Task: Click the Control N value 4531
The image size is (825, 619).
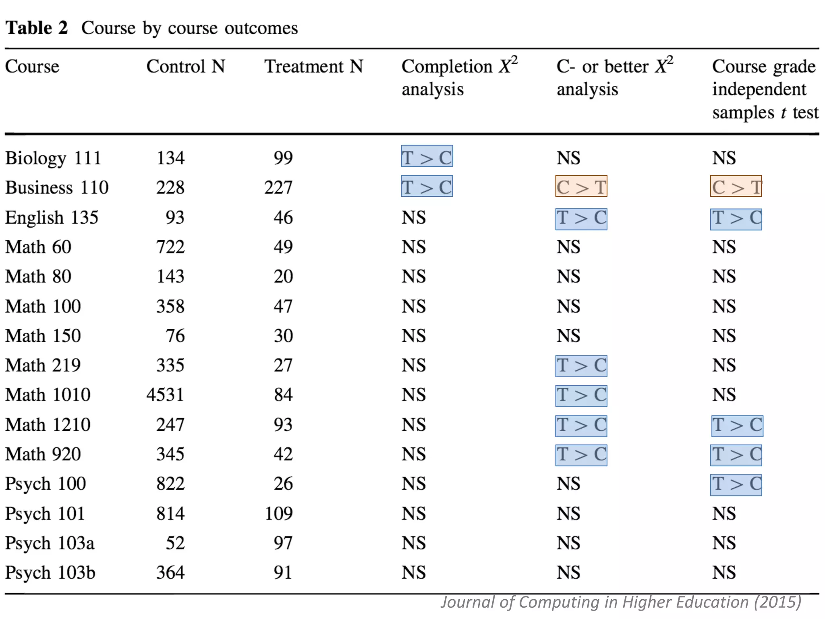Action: click(165, 395)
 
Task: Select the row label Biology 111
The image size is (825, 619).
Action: click(53, 158)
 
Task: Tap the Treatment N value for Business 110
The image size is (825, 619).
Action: click(278, 187)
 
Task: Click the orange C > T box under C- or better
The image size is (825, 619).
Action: click(581, 187)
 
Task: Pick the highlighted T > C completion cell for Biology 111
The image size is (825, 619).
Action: click(427, 156)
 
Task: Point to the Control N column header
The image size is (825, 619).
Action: click(185, 66)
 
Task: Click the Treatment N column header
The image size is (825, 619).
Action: click(313, 66)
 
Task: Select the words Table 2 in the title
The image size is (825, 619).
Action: click(37, 28)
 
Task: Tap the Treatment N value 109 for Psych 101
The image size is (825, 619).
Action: click(278, 513)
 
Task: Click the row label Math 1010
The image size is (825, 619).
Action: click(48, 395)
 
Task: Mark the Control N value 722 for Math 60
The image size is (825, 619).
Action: click(170, 247)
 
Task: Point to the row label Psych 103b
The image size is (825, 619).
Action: click(50, 573)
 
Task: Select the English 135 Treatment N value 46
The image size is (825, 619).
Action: click(283, 217)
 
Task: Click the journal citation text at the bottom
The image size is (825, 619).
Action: click(620, 602)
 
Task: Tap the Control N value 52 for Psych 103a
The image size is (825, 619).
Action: click(175, 543)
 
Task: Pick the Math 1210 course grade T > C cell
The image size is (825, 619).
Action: click(737, 426)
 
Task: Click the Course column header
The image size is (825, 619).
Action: click(32, 66)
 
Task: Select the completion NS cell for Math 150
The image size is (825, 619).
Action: click(414, 336)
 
